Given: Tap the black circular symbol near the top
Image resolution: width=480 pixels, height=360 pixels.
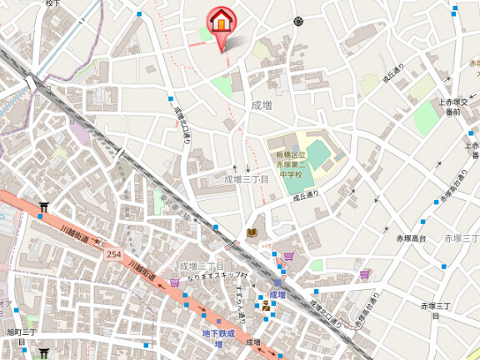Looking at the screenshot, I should point(297,21).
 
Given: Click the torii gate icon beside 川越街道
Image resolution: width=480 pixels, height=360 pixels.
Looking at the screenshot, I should point(43,207).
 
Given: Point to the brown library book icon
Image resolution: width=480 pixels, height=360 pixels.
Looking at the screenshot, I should point(252,232).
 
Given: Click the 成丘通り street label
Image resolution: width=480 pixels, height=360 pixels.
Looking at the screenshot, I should point(306,197).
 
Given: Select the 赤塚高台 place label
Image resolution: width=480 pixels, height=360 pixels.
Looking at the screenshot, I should point(411,239).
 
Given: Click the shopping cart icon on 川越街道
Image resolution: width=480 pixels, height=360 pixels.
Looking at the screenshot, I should point(175,282).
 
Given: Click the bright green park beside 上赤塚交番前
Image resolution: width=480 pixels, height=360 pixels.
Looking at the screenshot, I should point(425,118).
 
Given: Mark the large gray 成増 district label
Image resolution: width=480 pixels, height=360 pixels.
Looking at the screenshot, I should point(261,105).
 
